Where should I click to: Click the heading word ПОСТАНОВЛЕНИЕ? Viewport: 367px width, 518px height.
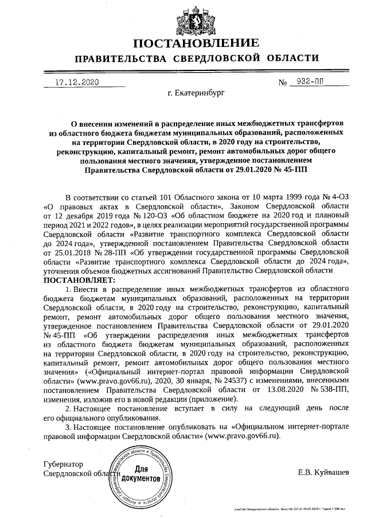(197, 44)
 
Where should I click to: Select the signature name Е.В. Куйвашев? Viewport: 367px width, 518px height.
(322, 472)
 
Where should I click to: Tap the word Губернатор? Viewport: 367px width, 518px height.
(64, 464)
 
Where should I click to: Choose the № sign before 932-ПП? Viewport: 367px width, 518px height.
(282, 84)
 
